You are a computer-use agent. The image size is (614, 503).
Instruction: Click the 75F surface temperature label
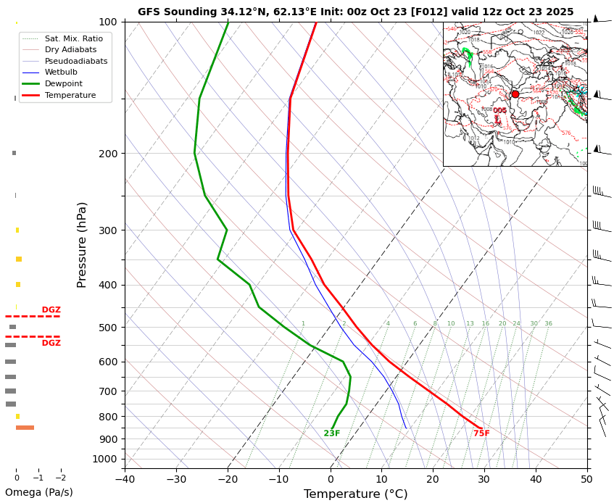point(481,433)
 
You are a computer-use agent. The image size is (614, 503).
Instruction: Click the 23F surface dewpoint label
point(331,433)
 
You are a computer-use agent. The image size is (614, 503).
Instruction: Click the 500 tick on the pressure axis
point(107,328)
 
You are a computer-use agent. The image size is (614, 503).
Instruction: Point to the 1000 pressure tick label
point(104,459)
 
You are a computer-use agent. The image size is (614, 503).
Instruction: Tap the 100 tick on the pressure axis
point(107,22)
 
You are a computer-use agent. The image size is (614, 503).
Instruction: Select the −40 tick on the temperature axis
point(125,479)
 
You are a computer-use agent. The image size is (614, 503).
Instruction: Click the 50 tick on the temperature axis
point(587,479)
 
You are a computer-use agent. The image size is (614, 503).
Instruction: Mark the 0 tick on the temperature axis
point(331,479)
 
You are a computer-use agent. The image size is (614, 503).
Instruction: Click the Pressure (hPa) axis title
point(82,245)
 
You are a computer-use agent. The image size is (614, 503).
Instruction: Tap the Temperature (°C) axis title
point(355,494)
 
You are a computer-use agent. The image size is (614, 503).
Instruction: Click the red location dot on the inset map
point(515,94)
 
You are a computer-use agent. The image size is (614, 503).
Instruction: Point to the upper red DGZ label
point(51,310)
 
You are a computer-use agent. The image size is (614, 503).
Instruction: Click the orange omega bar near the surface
point(25,428)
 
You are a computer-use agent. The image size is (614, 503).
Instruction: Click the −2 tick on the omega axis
point(60,478)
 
